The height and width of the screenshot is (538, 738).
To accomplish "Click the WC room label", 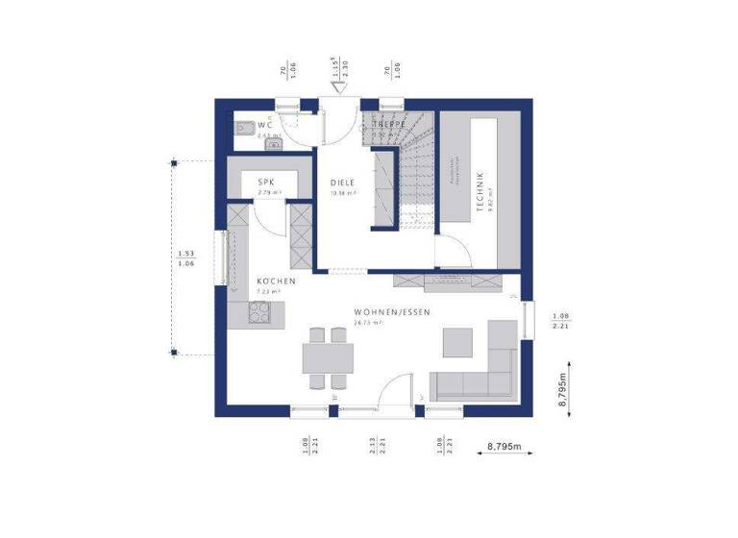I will pos(264,126).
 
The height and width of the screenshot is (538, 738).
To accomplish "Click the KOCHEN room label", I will pos(276,281).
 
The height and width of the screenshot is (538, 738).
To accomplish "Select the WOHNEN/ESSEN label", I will pos(391,313).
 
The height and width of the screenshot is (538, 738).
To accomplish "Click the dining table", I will pos(326,358).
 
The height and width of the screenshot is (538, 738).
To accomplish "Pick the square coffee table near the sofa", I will pos(457,342).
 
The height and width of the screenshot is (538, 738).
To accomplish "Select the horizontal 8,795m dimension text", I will pos(504,447).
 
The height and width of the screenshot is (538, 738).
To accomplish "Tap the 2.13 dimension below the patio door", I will pos(372,444).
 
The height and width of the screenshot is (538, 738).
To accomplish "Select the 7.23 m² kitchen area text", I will pos(268,291).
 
